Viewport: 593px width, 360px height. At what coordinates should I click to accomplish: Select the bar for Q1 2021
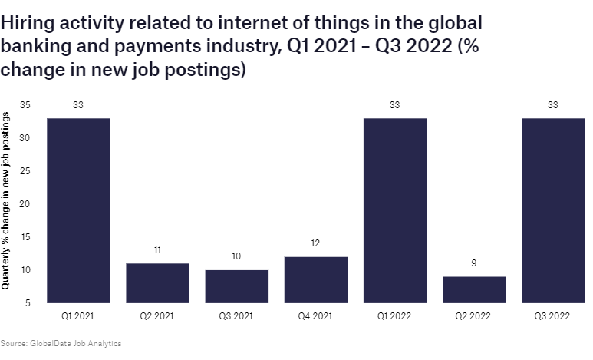point(78,210)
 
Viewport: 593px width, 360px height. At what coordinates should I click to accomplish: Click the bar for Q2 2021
point(157,283)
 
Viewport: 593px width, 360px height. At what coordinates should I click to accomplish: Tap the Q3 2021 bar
point(236,286)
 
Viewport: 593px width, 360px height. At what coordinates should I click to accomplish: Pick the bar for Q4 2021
point(315,279)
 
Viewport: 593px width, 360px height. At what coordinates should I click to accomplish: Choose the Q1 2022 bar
point(395,210)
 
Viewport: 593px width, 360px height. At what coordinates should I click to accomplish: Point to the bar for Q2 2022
point(474,289)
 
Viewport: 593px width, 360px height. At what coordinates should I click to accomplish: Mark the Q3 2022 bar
point(553,210)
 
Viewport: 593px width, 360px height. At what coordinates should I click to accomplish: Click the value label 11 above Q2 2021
point(157,250)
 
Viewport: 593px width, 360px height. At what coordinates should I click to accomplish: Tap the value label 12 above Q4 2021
point(315,243)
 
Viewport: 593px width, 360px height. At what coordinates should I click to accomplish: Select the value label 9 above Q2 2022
point(474,263)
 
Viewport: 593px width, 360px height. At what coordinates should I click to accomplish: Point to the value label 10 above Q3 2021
point(236,256)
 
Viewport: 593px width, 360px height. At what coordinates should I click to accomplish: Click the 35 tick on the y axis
point(25,105)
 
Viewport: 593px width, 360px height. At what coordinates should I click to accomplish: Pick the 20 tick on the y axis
point(25,204)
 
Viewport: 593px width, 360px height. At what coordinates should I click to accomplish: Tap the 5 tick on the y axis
point(28,303)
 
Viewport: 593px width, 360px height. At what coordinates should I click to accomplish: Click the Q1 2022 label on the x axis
point(395,315)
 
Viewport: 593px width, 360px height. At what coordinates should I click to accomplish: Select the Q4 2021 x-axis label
point(315,315)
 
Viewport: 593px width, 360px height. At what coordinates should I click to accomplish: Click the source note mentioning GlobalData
point(61,343)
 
